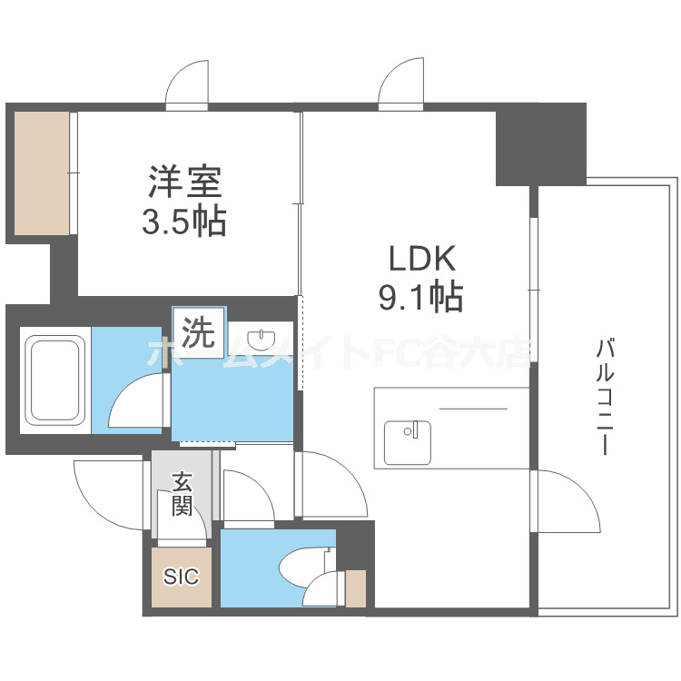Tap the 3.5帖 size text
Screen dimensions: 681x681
point(183,222)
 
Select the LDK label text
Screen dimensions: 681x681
point(421,259)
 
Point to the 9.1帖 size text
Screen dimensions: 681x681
point(420,296)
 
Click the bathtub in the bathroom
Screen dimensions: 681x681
point(54,380)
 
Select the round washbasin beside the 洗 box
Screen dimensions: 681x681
point(263,340)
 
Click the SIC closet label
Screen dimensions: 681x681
point(181,577)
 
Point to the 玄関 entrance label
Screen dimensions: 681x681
point(182,494)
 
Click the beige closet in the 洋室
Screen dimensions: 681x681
point(42,173)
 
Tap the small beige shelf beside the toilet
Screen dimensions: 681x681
point(356,588)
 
